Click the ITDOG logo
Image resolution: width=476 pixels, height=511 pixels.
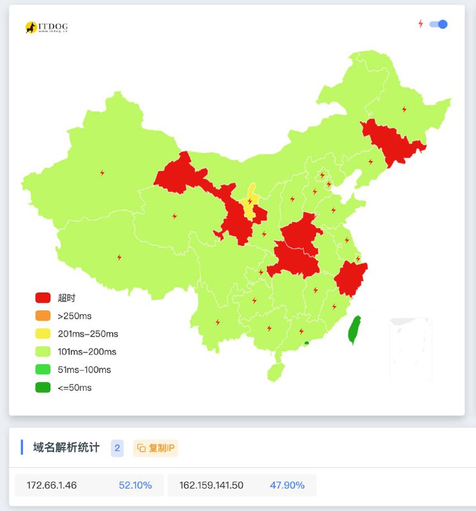coord(47,27)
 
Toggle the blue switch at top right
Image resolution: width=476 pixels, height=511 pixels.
coord(438,24)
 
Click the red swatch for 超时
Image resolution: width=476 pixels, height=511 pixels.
coord(43,298)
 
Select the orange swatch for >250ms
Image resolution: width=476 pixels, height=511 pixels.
coord(43,316)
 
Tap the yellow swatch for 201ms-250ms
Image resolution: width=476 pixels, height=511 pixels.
coord(43,333)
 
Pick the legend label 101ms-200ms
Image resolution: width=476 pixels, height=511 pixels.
coord(87,351)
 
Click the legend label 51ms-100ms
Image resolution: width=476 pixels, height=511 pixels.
coord(84,369)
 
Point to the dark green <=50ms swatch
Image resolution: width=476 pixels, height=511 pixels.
coord(43,387)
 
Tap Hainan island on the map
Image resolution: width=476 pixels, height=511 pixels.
coord(275,372)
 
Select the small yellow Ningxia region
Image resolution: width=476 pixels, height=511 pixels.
coord(250,201)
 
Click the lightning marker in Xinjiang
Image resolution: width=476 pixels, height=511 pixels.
coord(102,172)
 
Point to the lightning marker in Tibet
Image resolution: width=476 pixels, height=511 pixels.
coord(119,257)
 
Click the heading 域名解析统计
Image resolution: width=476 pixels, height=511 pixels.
coord(66,448)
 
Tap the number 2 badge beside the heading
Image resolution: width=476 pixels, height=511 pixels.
coord(117,448)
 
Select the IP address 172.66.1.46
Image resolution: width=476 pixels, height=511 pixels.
coord(52,485)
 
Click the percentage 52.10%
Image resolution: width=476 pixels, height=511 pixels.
coord(135,485)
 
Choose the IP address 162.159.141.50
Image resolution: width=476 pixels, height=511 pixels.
coord(211,485)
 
